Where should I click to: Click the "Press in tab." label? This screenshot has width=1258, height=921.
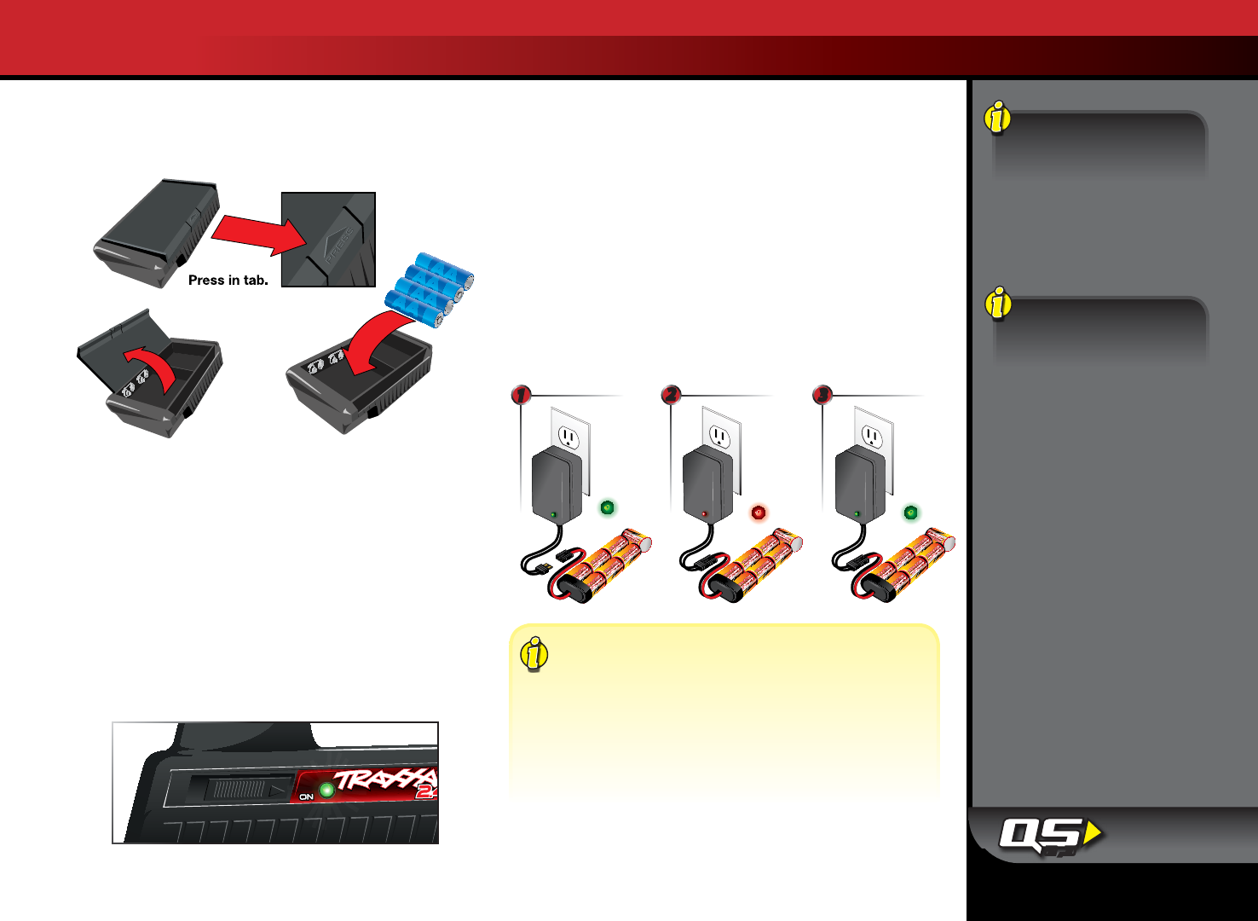[x=228, y=281]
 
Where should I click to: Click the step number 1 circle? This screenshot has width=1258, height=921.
[x=521, y=395]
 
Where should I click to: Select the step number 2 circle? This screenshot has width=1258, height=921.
[x=672, y=395]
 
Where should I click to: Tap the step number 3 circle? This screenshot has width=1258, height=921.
[x=822, y=395]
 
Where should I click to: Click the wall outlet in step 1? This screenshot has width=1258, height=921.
[x=569, y=438]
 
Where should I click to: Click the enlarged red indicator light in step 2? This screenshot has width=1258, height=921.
[x=759, y=513]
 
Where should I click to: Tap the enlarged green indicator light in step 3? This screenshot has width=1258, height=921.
[x=910, y=513]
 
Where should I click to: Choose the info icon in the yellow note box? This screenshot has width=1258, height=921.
[x=534, y=654]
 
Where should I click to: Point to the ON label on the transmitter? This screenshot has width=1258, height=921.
[x=307, y=796]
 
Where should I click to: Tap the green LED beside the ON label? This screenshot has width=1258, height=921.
[x=326, y=791]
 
